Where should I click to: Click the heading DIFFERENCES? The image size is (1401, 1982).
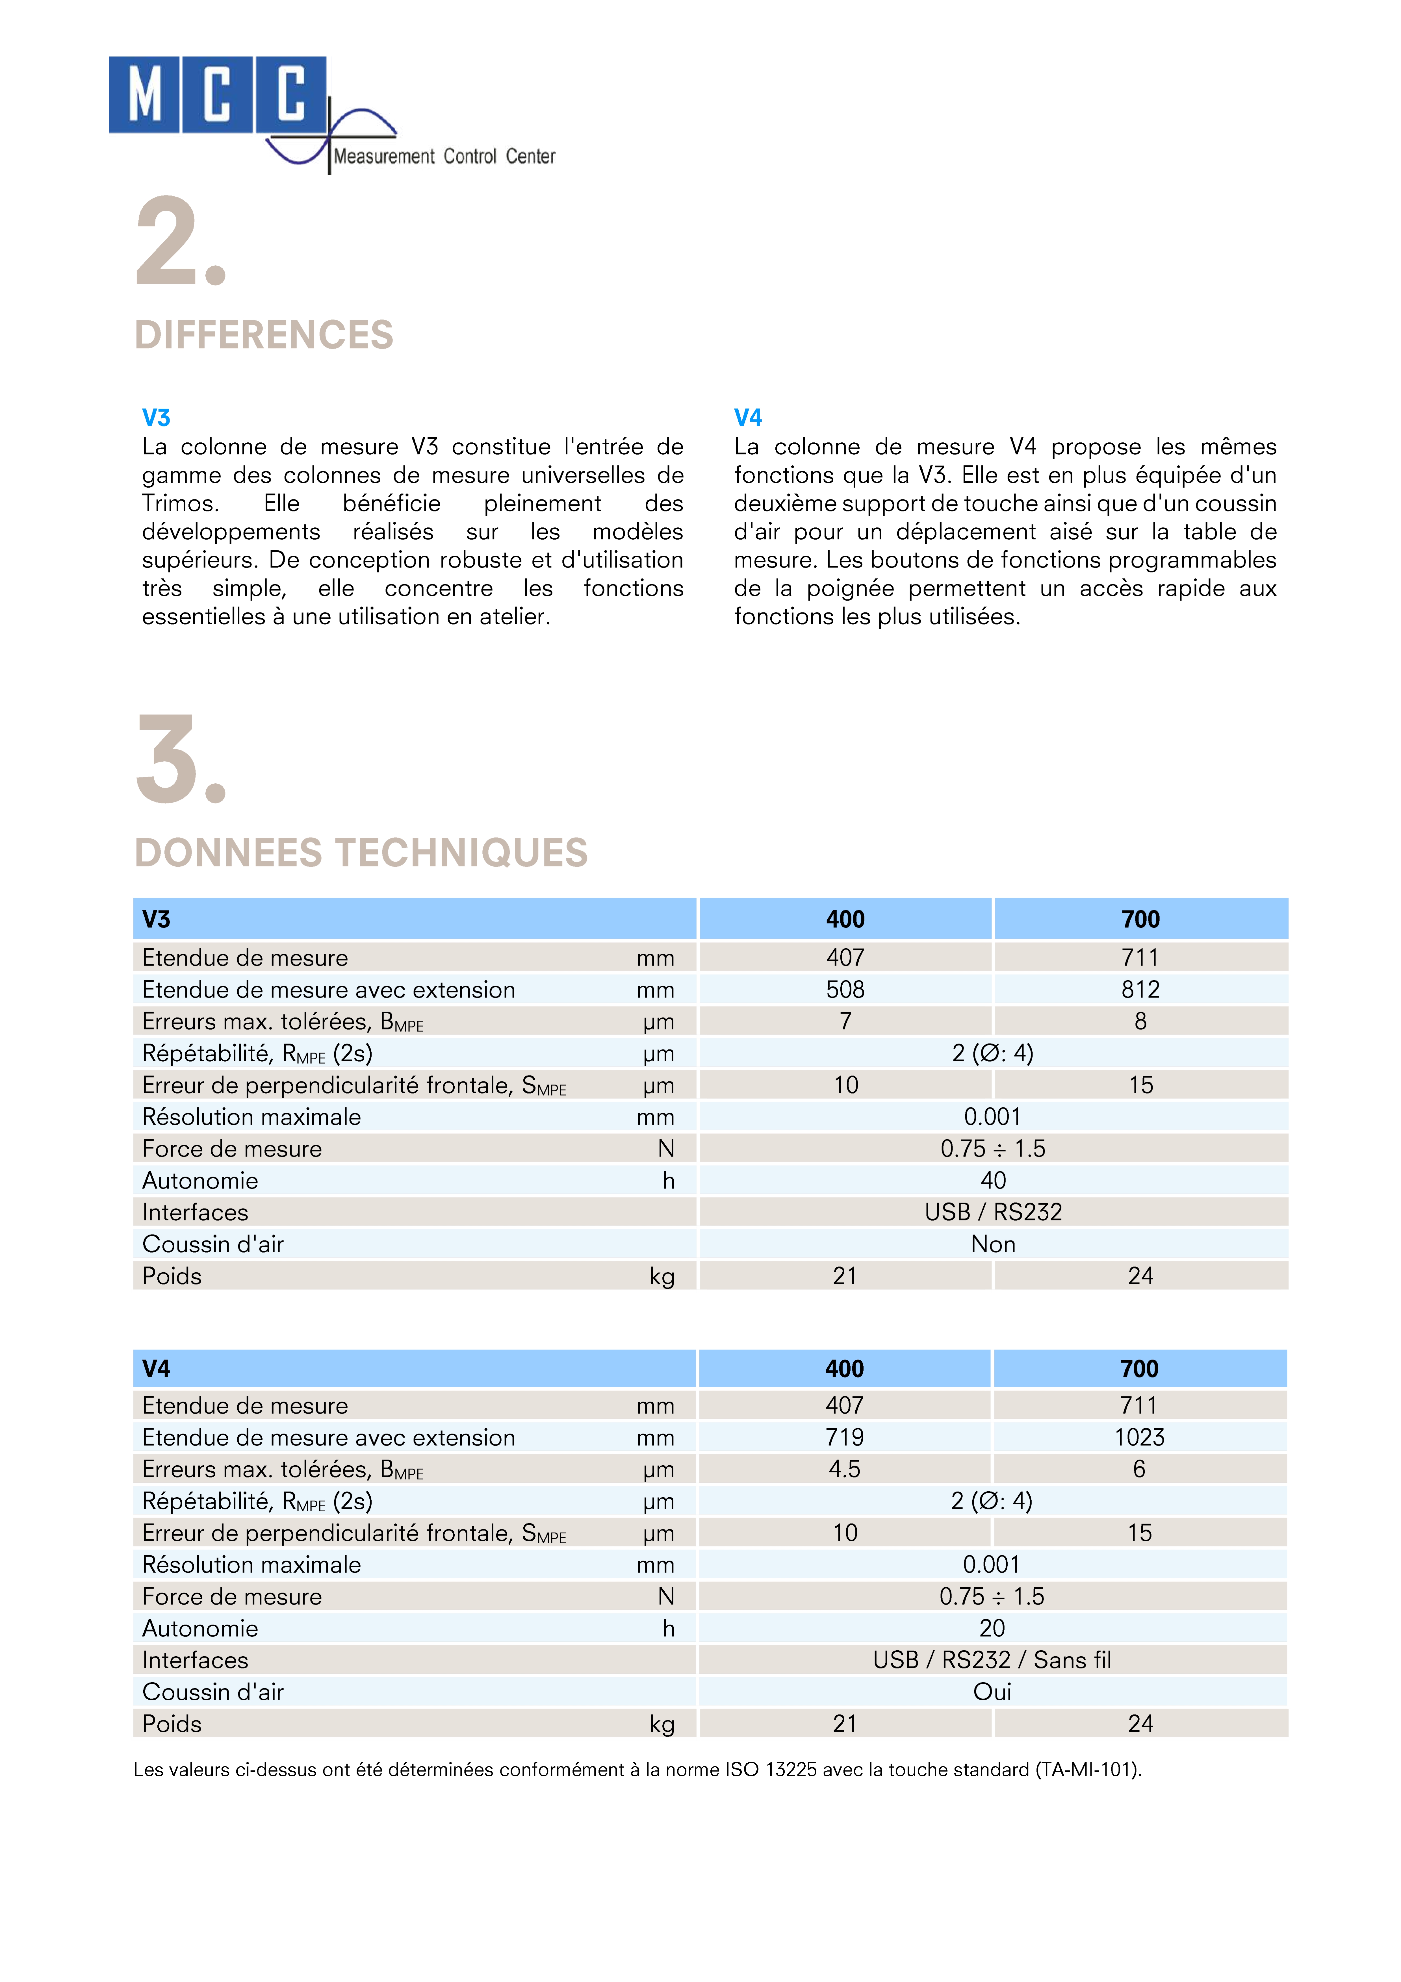(x=263, y=335)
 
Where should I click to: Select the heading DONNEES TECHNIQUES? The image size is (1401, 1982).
(x=361, y=853)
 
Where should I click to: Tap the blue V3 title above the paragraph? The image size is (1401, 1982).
(x=156, y=418)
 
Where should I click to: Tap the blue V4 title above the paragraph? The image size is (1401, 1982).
(x=747, y=418)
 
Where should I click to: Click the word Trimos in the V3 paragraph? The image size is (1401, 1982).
(x=179, y=503)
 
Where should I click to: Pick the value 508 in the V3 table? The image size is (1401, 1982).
(x=845, y=989)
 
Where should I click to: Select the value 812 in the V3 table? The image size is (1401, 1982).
(x=1140, y=989)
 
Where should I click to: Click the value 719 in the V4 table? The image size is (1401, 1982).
(x=844, y=1437)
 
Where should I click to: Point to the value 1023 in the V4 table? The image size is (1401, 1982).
(x=1139, y=1437)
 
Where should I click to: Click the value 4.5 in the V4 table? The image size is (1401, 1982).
(x=844, y=1469)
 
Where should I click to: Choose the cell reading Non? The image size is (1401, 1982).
(x=993, y=1244)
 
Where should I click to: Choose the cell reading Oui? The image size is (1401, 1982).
(x=992, y=1692)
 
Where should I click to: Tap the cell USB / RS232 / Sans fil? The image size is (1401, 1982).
(x=992, y=1660)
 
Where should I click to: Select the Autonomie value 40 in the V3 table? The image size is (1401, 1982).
(x=993, y=1180)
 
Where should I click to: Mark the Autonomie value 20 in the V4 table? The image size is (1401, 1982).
(x=992, y=1628)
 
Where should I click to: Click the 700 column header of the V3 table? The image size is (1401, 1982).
(x=1140, y=919)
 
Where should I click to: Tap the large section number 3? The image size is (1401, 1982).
(x=179, y=760)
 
